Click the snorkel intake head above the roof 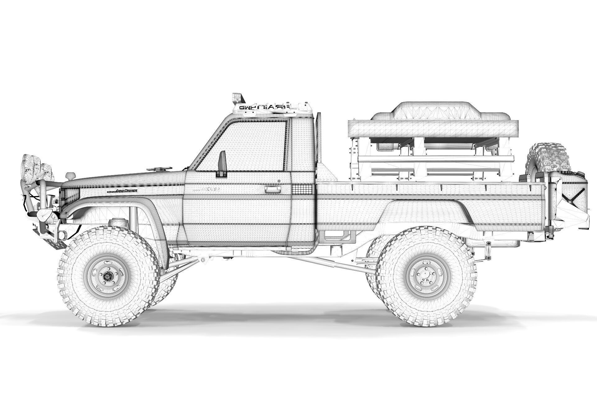click(x=238, y=97)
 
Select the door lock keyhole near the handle click(x=280, y=181)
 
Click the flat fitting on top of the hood click(x=159, y=169)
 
